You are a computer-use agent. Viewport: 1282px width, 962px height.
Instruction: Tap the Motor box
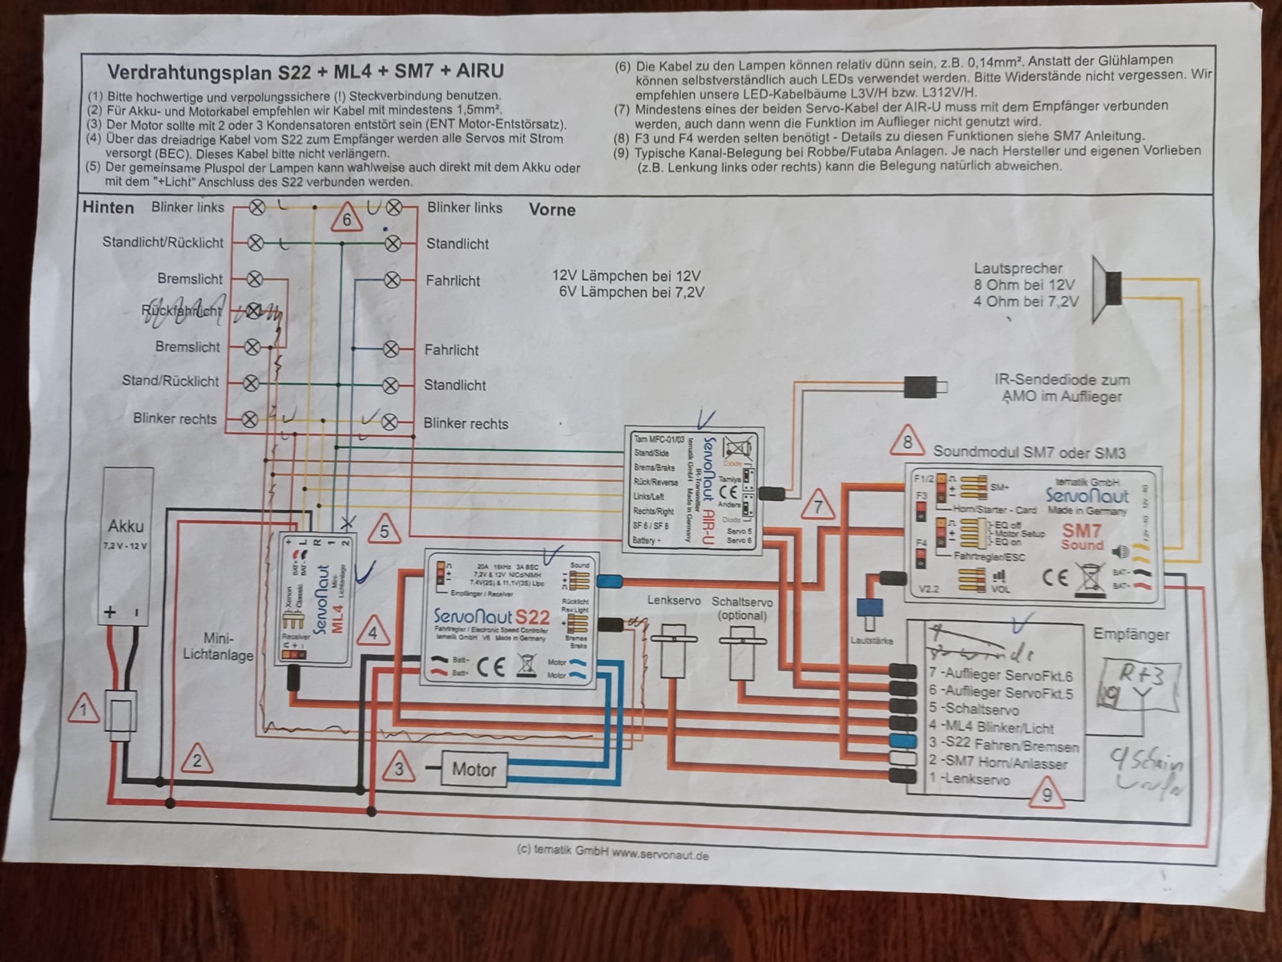(474, 770)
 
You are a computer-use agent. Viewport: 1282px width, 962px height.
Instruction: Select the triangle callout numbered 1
(83, 709)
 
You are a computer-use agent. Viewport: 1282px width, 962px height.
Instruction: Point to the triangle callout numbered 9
(1046, 795)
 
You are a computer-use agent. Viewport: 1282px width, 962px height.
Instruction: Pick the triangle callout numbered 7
(818, 506)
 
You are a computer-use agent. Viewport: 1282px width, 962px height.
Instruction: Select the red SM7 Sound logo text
(1082, 536)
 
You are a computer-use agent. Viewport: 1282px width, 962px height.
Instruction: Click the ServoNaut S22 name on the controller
(491, 617)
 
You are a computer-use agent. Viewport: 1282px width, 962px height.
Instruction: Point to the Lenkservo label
(674, 600)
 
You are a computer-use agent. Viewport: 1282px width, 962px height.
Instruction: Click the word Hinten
(108, 208)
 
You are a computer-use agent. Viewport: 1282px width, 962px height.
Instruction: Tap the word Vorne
(552, 210)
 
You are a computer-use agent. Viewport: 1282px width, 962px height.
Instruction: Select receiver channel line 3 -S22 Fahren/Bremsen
(1003, 746)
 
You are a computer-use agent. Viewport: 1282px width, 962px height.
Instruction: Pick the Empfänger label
(1131, 634)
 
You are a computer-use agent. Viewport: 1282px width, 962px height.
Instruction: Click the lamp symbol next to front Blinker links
(394, 207)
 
